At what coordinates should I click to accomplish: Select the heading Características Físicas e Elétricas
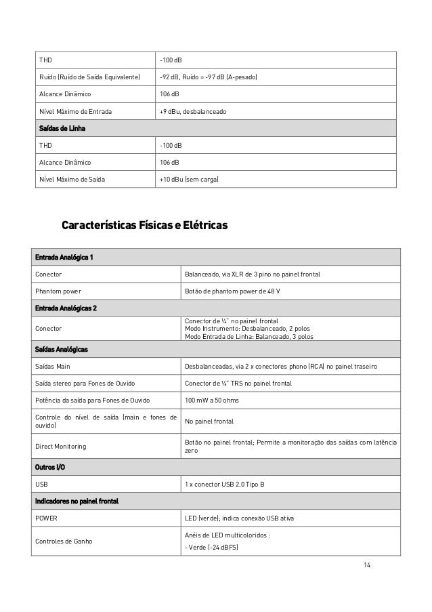[x=145, y=224]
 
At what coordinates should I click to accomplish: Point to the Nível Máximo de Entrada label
[x=76, y=111]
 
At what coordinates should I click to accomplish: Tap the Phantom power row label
[x=58, y=291]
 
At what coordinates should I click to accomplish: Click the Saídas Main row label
[x=54, y=367]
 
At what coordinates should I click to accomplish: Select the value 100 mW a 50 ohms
[x=212, y=401]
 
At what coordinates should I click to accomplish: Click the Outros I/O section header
[x=50, y=468]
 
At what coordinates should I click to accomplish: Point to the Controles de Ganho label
[x=66, y=541]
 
